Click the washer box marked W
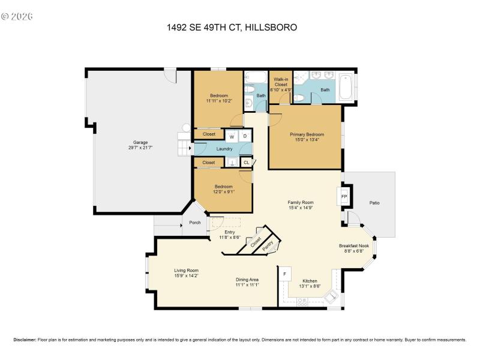tap(232, 137)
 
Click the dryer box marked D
tap(245, 137)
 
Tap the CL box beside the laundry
tap(246, 163)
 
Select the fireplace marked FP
tap(344, 196)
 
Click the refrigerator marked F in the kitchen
tap(285, 274)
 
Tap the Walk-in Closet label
tap(280, 82)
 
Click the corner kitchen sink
tap(331, 297)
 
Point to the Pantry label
tap(268, 246)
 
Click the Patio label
tap(374, 203)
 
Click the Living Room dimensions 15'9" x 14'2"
tap(187, 276)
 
